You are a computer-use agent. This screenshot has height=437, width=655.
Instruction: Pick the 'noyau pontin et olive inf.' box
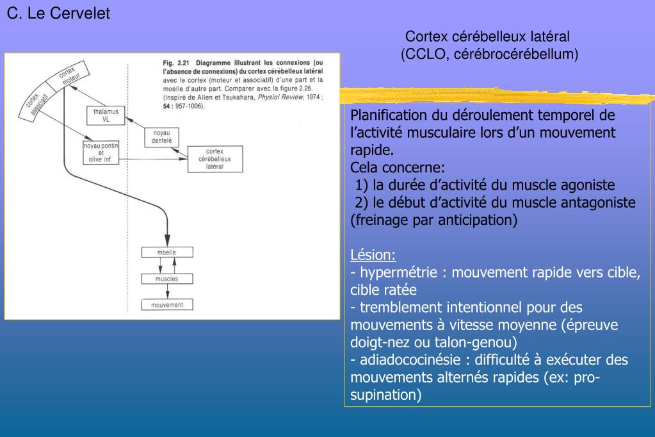102,153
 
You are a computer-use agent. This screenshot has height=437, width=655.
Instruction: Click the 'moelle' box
166,252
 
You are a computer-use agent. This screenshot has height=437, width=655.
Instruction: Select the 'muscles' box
166,279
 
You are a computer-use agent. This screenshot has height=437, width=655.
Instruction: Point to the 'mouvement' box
166,305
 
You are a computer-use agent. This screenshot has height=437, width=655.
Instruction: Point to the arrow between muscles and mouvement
166,292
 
